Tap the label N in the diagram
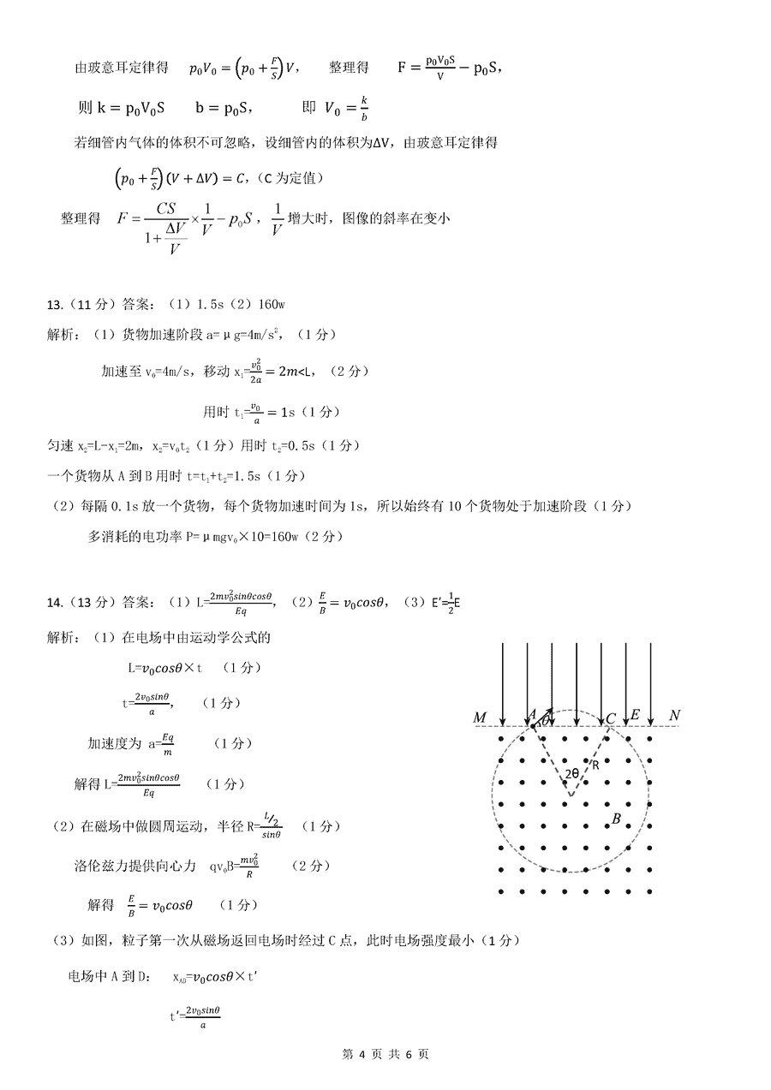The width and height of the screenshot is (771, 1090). coord(674,716)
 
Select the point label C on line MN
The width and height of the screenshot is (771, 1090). coord(611,718)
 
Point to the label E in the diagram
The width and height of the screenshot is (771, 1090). coord(635,715)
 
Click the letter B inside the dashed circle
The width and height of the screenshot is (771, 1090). coord(615,819)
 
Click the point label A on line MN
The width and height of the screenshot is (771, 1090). coord(532,715)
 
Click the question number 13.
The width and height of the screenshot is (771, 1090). coord(53,303)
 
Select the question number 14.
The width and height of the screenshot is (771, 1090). coord(53,603)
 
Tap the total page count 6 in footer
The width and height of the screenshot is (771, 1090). coord(409,1054)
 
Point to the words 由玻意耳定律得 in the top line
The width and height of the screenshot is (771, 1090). coord(122,68)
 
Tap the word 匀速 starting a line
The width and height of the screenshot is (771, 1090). coord(58,446)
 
